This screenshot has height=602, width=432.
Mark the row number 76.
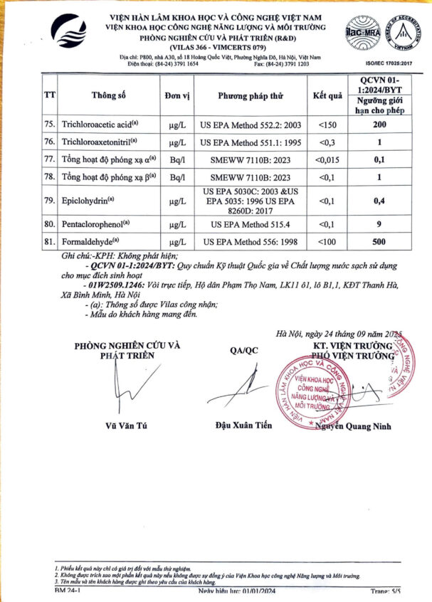pyautogui.click(x=49, y=142)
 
